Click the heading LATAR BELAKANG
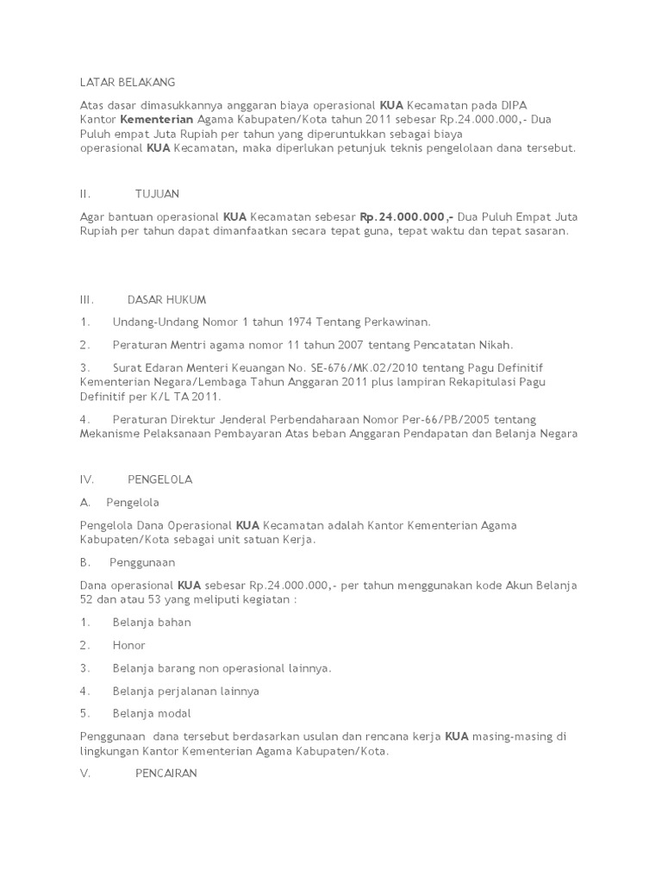point(127,82)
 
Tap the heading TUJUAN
point(157,194)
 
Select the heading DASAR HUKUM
point(166,300)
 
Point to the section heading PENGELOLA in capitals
point(159,479)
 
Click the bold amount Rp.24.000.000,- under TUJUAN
point(407,216)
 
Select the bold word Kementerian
point(157,120)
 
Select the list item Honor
point(128,645)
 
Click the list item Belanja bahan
point(152,622)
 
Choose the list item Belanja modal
point(152,713)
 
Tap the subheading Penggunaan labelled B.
point(142,562)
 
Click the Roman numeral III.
point(86,300)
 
